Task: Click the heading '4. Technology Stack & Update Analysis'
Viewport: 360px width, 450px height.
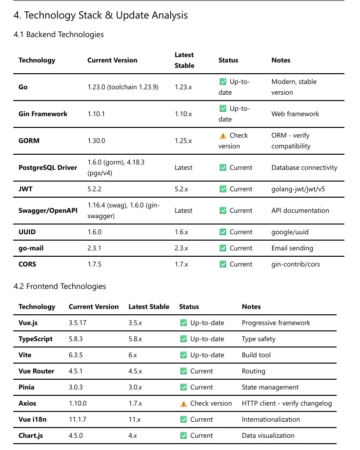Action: (100, 15)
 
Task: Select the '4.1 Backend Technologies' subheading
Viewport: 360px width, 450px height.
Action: (59, 34)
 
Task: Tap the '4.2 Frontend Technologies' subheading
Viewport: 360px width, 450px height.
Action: (60, 286)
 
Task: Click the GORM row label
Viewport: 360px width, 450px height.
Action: (29, 141)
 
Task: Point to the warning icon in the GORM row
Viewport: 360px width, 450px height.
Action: (223, 136)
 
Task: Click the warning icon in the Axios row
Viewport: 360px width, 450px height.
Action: (183, 404)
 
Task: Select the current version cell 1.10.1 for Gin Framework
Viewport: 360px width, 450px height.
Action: (97, 114)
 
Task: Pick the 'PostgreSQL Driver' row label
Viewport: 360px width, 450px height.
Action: (48, 167)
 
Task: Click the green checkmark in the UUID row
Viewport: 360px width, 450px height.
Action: (223, 232)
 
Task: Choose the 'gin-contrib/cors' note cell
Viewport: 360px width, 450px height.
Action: (296, 264)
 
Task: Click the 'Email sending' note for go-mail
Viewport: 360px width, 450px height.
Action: (292, 248)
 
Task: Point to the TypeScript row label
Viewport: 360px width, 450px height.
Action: (36, 339)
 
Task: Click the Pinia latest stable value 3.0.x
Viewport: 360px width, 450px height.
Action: (136, 387)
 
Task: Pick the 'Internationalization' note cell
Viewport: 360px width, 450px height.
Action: (271, 419)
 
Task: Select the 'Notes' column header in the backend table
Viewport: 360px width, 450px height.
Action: (280, 60)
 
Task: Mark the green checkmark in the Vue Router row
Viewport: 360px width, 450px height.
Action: (183, 371)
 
